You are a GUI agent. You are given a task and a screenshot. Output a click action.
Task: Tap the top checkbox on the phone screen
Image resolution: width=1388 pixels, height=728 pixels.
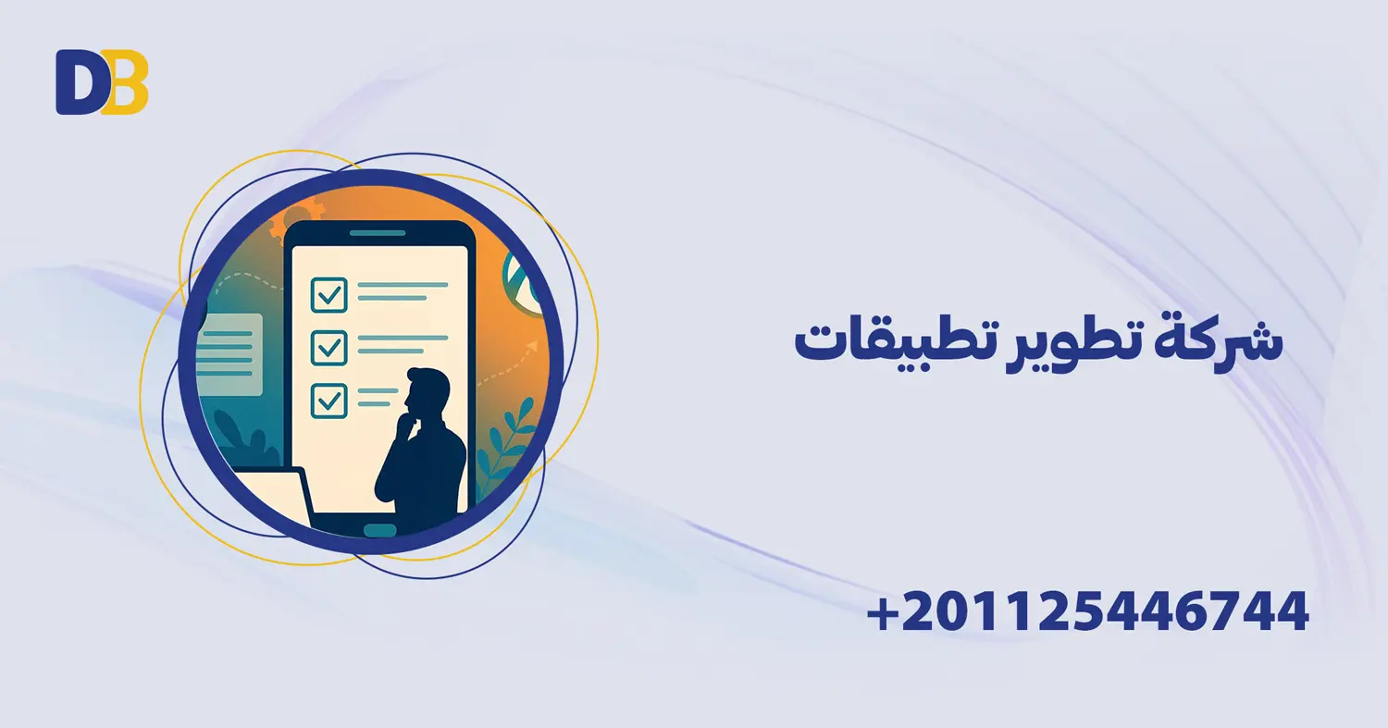[328, 294]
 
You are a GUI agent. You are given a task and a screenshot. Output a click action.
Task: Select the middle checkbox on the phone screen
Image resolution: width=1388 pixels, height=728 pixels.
[328, 348]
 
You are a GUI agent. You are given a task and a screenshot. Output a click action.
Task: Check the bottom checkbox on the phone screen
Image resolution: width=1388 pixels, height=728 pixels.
[328, 401]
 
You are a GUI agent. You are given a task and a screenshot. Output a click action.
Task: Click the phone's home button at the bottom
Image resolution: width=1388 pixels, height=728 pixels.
[379, 530]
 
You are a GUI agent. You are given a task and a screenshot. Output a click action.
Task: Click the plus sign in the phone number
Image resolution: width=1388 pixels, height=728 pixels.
[884, 612]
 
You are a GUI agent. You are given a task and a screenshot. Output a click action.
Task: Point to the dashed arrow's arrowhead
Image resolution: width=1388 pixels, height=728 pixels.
[533, 346]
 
